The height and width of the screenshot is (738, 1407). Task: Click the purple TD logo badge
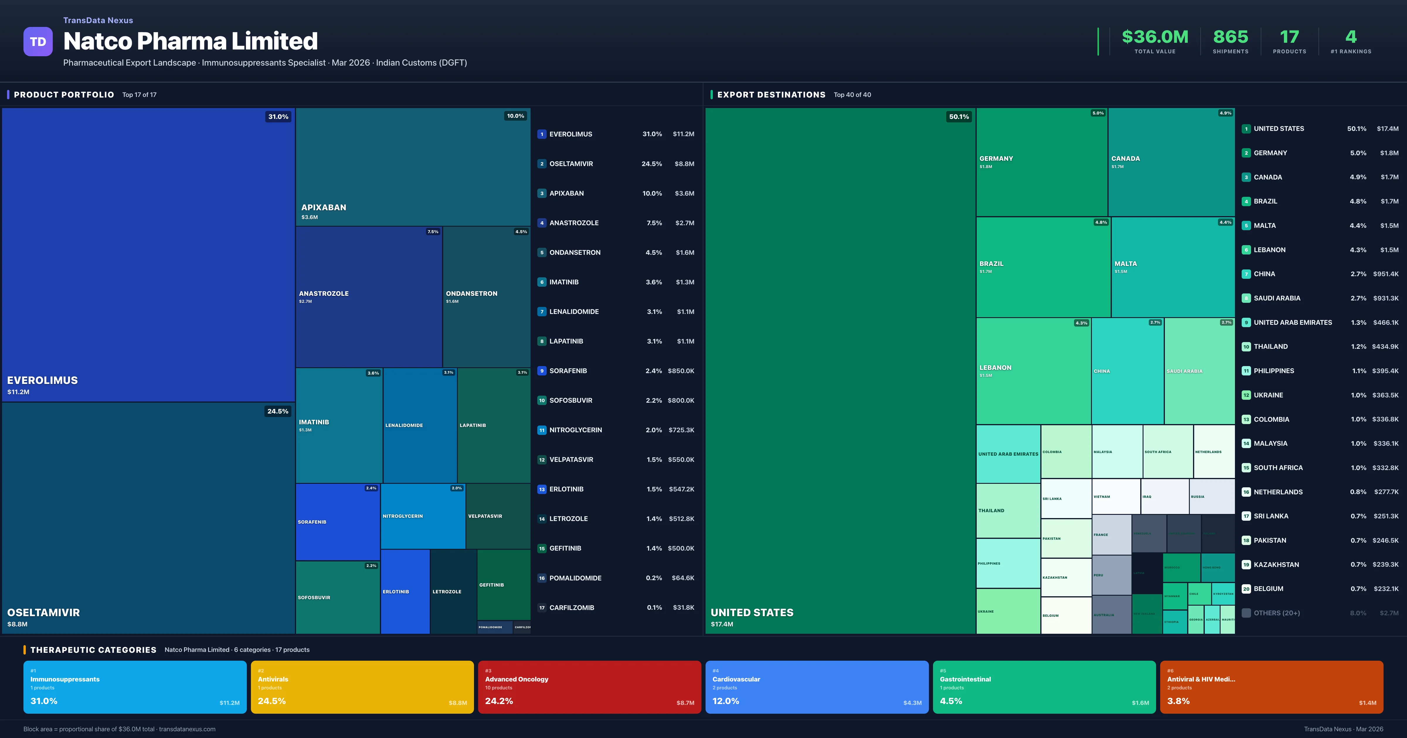tap(38, 42)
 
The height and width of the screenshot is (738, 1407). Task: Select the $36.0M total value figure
tap(1155, 37)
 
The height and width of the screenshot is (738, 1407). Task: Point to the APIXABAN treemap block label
tap(323, 207)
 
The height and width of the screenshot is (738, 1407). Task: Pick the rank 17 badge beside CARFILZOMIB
tap(541, 608)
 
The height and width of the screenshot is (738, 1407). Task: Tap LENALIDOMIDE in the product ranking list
tap(574, 312)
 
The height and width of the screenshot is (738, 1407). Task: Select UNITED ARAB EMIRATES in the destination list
tap(1292, 323)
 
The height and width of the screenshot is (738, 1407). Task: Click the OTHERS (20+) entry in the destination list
tap(1277, 613)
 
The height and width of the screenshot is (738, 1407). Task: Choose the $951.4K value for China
tap(1385, 274)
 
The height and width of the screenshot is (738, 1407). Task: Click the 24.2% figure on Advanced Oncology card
tap(499, 701)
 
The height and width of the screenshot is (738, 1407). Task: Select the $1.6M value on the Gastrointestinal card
tap(1140, 703)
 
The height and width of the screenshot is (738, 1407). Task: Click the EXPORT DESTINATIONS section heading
tap(771, 94)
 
